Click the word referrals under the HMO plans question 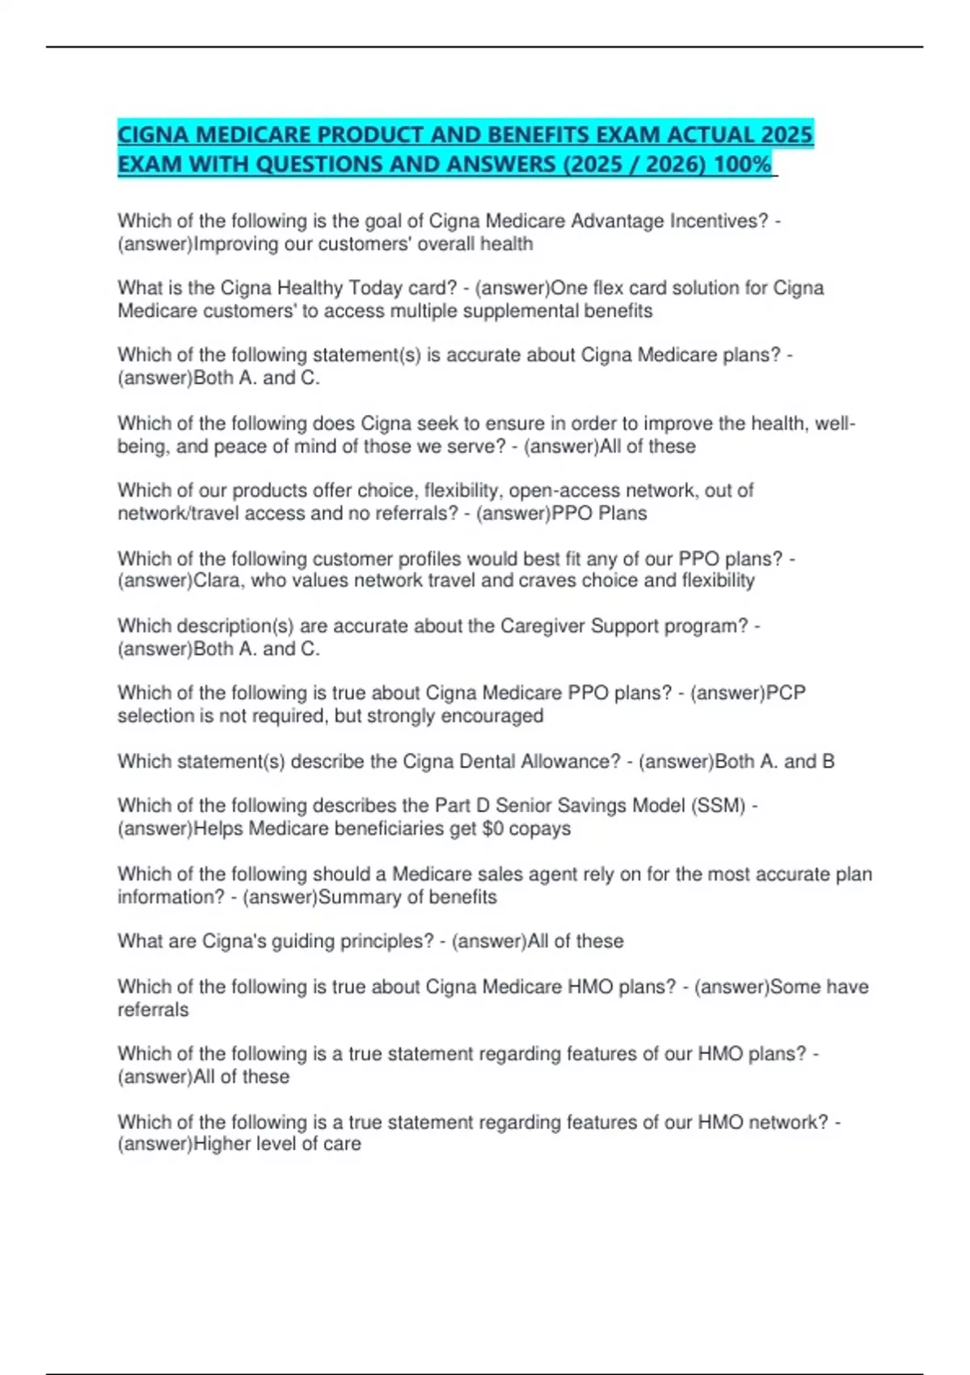point(153,1009)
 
